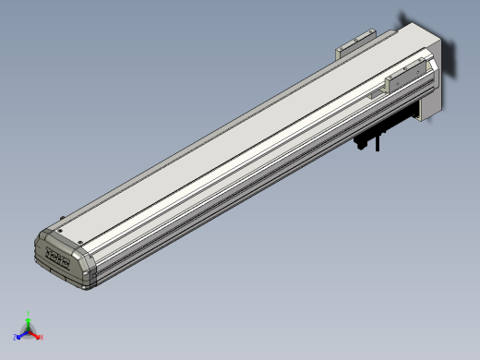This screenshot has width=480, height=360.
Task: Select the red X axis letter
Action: point(42,337)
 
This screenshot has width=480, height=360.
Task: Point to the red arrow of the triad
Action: point(36,333)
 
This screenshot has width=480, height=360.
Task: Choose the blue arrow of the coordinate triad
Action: point(21,333)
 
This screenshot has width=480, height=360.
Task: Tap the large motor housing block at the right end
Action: point(434,65)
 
